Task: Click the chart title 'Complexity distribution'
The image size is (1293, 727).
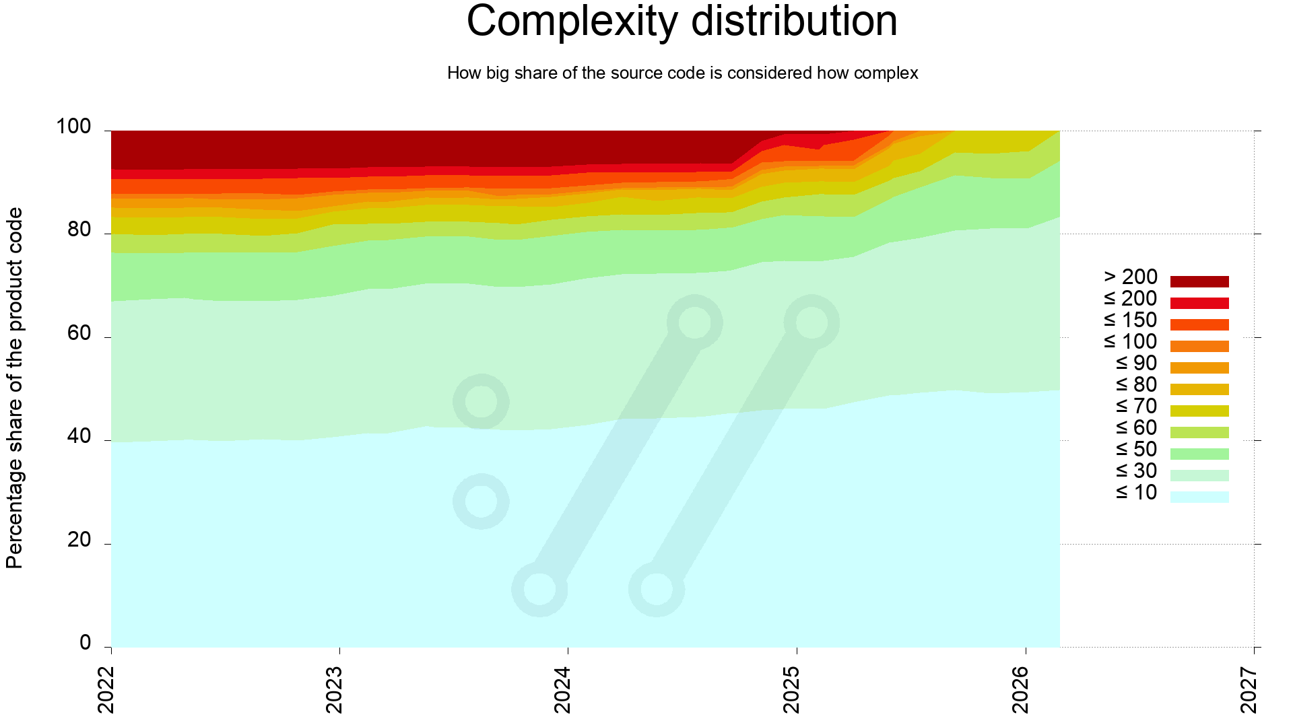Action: (x=682, y=22)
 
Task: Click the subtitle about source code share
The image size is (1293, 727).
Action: (x=682, y=73)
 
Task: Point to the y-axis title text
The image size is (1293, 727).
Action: (x=15, y=388)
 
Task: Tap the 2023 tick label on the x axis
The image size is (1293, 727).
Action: (x=334, y=689)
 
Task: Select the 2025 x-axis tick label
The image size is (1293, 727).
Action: (x=792, y=689)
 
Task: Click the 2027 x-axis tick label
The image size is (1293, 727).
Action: (x=1249, y=689)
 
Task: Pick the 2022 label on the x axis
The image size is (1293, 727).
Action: (x=106, y=689)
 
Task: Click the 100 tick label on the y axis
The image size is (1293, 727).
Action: (x=73, y=127)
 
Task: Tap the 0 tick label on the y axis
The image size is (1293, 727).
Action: (x=85, y=644)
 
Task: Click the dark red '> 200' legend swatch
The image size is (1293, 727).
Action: (x=1199, y=281)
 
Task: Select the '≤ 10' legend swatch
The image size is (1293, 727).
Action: (x=1199, y=497)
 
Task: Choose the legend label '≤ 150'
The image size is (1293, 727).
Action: (x=1131, y=320)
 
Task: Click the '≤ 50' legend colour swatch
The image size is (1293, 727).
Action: (x=1199, y=454)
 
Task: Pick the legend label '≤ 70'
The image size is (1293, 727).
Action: (x=1136, y=407)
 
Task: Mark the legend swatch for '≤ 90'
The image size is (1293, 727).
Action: (x=1199, y=368)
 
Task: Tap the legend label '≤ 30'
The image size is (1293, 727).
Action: (x=1136, y=471)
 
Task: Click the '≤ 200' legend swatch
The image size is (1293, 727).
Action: (x=1199, y=303)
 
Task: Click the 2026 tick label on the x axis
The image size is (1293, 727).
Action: (x=1020, y=689)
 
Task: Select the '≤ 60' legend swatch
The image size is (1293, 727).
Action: (x=1199, y=432)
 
